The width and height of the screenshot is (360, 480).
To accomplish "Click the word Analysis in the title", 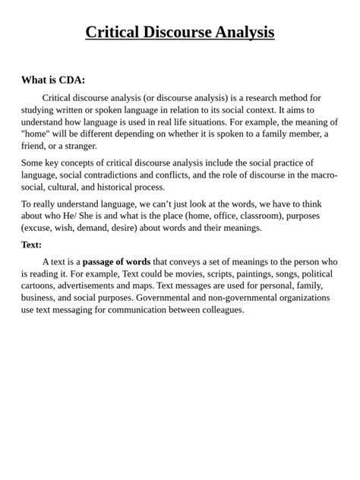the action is [x=245, y=32].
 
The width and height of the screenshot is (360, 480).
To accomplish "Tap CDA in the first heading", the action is [x=72, y=80].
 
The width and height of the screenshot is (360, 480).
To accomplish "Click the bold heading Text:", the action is [x=32, y=245].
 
